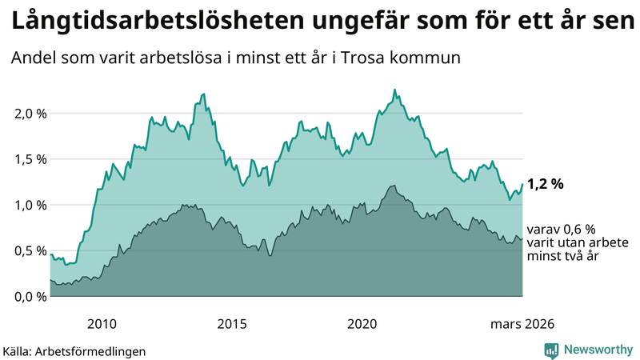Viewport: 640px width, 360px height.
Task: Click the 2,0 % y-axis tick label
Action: tap(30, 113)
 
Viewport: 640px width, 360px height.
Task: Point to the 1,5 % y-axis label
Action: tap(30, 158)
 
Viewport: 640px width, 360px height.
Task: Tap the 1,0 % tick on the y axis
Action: tap(30, 205)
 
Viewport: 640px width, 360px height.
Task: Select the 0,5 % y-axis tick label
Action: tap(30, 250)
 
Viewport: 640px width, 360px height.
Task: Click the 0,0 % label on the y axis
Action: tap(30, 297)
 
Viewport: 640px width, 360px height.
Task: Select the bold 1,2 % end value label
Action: tap(546, 184)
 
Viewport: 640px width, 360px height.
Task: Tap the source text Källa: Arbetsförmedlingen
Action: tap(74, 351)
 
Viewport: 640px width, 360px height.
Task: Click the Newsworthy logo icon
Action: tap(551, 350)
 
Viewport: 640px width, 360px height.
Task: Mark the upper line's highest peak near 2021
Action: tap(394, 90)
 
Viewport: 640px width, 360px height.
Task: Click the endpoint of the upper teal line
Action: tap(522, 184)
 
